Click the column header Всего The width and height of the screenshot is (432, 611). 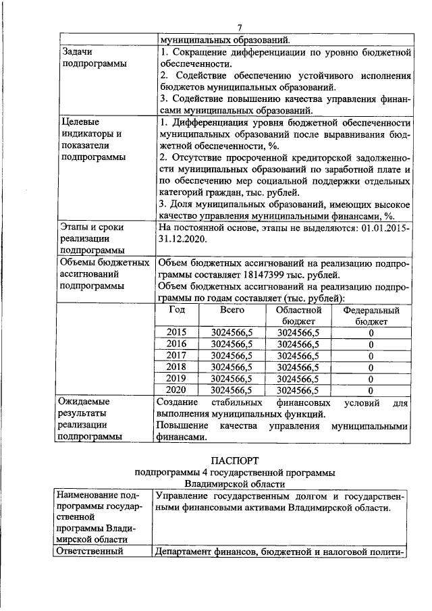pos(232,310)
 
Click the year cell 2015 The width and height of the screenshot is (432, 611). pos(176,332)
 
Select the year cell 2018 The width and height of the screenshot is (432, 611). pos(176,367)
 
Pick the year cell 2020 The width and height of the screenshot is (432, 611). pos(176,390)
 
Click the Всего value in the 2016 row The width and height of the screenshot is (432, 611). pos(232,344)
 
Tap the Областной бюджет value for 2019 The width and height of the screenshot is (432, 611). pos(298,378)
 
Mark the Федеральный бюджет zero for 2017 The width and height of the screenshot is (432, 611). pos(371,355)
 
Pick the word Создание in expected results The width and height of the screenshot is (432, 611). pos(178,401)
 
